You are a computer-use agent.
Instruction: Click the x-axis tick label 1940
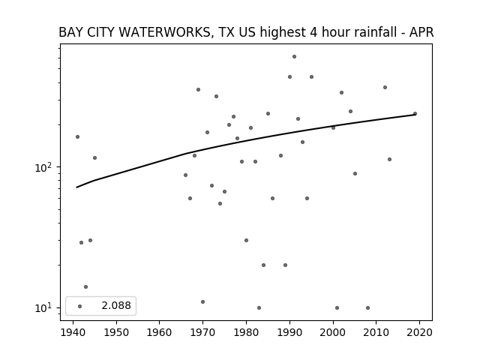73,332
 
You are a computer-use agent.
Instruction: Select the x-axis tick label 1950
116,332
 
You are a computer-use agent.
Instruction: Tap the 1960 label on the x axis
160,332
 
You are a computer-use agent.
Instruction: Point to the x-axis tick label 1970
202,332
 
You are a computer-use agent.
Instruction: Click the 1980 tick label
246,332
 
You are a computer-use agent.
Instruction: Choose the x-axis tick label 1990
289,332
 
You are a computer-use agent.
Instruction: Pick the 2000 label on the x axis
333,332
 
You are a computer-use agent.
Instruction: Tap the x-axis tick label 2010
376,332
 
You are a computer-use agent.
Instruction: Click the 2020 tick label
419,332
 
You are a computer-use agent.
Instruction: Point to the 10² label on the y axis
45,167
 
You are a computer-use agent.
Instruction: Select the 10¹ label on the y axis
45,307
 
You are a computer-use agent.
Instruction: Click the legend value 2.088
116,305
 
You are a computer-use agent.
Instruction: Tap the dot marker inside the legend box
80,306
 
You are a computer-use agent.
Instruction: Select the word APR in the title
421,32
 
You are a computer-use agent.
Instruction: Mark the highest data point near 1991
294,57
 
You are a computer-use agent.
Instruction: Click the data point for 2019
415,113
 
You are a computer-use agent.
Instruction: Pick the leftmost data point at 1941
77,136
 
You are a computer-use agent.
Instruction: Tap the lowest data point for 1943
86,286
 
